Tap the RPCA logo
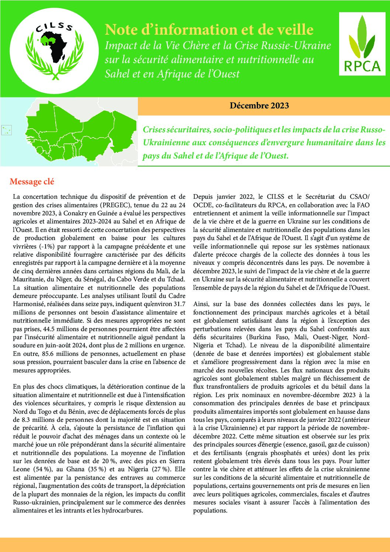(x=362, y=44)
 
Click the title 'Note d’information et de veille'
(x=209, y=29)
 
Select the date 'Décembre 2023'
(x=259, y=106)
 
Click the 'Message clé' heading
(x=32, y=181)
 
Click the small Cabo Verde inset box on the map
(x=7, y=130)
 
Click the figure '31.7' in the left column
(x=179, y=304)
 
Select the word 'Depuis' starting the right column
(x=203, y=197)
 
